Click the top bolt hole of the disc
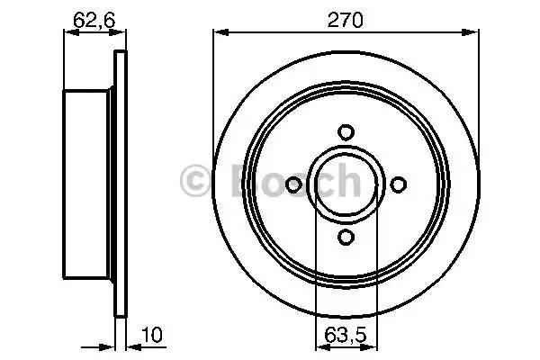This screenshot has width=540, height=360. pyautogui.click(x=346, y=131)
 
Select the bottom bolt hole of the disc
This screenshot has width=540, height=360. pyautogui.click(x=346, y=237)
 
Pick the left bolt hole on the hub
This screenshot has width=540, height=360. pyautogui.click(x=293, y=184)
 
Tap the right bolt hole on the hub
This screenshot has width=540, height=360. pyautogui.click(x=398, y=184)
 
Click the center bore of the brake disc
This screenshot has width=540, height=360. pyautogui.click(x=346, y=184)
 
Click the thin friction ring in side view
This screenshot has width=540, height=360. pyautogui.click(x=119, y=184)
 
